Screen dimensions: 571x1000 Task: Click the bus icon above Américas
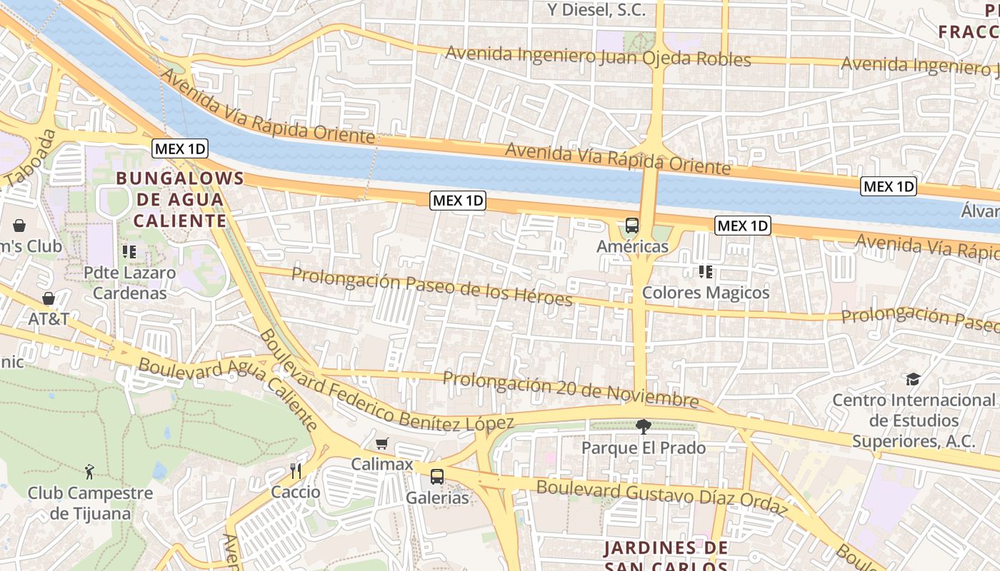coord(632,226)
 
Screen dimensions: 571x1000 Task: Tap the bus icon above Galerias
coord(437,476)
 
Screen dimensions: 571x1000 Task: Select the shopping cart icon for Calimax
coord(382,443)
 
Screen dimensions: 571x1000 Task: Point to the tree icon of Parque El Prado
coord(643,427)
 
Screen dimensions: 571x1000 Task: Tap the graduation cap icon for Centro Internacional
coord(913,379)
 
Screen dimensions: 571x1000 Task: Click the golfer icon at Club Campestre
coord(90,471)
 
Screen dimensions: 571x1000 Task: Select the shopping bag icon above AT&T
coord(49,298)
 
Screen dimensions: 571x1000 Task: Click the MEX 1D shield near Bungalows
coord(180,149)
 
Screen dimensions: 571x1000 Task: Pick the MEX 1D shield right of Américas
coord(743,226)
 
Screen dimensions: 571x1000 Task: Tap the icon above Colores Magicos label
coord(706,271)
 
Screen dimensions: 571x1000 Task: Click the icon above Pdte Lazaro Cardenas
coord(129,251)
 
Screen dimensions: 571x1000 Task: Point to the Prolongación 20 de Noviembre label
coord(570,388)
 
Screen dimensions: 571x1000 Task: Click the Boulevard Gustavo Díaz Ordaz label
coord(661,497)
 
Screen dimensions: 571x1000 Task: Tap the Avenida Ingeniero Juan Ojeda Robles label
coord(599,56)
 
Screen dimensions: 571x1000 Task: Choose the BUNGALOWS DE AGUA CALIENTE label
coord(180,199)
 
